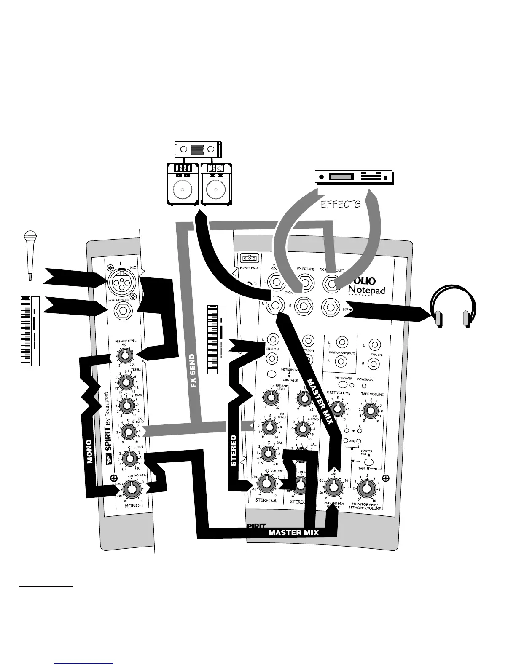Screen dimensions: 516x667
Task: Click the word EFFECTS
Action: click(341, 204)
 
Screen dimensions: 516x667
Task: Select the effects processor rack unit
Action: click(354, 177)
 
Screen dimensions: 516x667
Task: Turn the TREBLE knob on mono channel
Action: click(125, 382)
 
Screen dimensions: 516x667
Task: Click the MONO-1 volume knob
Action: click(132, 489)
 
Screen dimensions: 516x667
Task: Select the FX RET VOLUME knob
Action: click(336, 408)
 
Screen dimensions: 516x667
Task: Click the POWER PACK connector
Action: click(248, 259)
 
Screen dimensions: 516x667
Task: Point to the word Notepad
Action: click(366, 290)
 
